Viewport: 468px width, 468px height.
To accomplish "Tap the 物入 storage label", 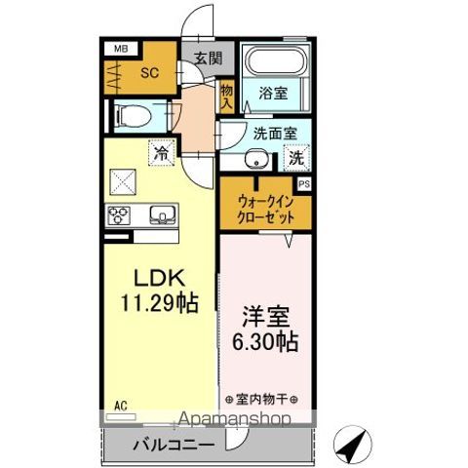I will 226,94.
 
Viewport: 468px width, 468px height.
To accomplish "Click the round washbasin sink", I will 257,161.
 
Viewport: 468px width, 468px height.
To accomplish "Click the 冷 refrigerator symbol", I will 163,152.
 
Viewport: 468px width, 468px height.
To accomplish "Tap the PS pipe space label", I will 304,182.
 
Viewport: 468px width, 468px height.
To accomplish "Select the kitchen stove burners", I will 122,214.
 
